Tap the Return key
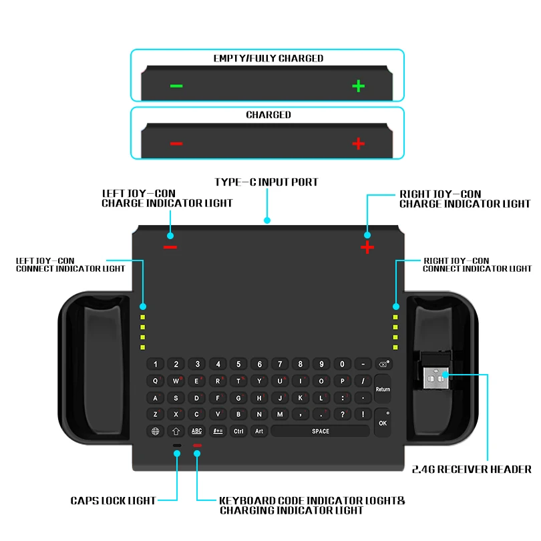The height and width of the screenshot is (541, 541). (x=383, y=389)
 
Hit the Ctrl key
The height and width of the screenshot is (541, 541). (x=238, y=431)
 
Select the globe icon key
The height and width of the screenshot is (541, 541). (x=156, y=431)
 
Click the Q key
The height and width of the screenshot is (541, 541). (x=156, y=381)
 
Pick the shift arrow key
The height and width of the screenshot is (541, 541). (x=176, y=431)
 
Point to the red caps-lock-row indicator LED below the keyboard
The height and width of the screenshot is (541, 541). (x=197, y=445)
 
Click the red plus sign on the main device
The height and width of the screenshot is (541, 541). (x=367, y=247)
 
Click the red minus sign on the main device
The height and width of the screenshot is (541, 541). (x=170, y=247)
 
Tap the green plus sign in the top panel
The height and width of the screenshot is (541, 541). (x=359, y=85)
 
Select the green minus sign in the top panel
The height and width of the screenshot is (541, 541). (x=176, y=85)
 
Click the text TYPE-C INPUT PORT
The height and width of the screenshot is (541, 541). (x=266, y=182)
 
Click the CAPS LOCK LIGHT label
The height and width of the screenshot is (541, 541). (x=113, y=500)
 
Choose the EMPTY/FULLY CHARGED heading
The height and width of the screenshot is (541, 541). (x=268, y=58)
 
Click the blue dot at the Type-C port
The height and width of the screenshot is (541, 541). (x=267, y=220)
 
